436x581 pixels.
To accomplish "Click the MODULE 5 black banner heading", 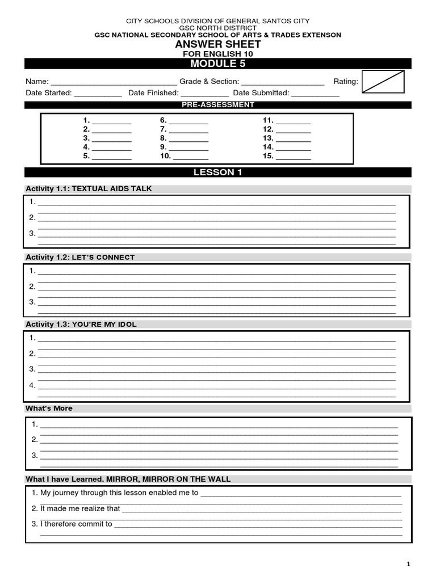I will (217, 63).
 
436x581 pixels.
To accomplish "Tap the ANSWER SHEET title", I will (217, 44).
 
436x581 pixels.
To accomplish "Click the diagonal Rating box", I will (383, 81).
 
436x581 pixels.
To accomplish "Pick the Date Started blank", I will (98, 94).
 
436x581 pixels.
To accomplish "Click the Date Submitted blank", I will (315, 94).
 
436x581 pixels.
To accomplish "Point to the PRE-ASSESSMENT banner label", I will (217, 105).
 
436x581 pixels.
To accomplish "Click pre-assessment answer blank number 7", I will (188, 130).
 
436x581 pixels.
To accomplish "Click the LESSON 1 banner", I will (217, 172).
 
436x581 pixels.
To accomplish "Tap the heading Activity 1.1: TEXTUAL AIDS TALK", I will (89, 189).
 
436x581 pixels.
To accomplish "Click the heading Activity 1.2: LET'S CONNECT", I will (80, 257).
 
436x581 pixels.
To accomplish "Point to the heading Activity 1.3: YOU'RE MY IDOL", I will (81, 325).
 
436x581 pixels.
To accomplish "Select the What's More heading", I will (49, 409).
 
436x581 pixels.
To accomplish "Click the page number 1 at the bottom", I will (408, 563).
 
